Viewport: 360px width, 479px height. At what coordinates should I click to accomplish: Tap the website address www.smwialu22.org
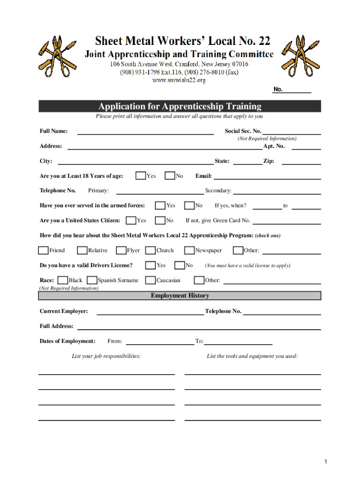tap(179, 80)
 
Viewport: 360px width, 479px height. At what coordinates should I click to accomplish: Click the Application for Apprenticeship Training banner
tap(180, 106)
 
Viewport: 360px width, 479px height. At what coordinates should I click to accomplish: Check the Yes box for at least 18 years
tap(140, 176)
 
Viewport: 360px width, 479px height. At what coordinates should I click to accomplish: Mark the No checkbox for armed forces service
tap(189, 205)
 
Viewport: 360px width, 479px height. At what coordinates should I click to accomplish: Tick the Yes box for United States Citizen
tap(131, 220)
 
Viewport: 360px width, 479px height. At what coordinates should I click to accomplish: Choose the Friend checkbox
tap(43, 250)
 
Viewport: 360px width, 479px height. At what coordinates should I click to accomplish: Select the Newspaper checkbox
tap(189, 250)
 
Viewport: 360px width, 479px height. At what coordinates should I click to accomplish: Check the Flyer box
tap(121, 250)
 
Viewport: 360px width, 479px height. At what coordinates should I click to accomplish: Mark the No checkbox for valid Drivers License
tap(180, 265)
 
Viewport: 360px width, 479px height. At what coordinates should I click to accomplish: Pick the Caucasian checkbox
tap(150, 280)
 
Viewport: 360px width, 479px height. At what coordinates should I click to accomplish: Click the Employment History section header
tap(180, 296)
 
